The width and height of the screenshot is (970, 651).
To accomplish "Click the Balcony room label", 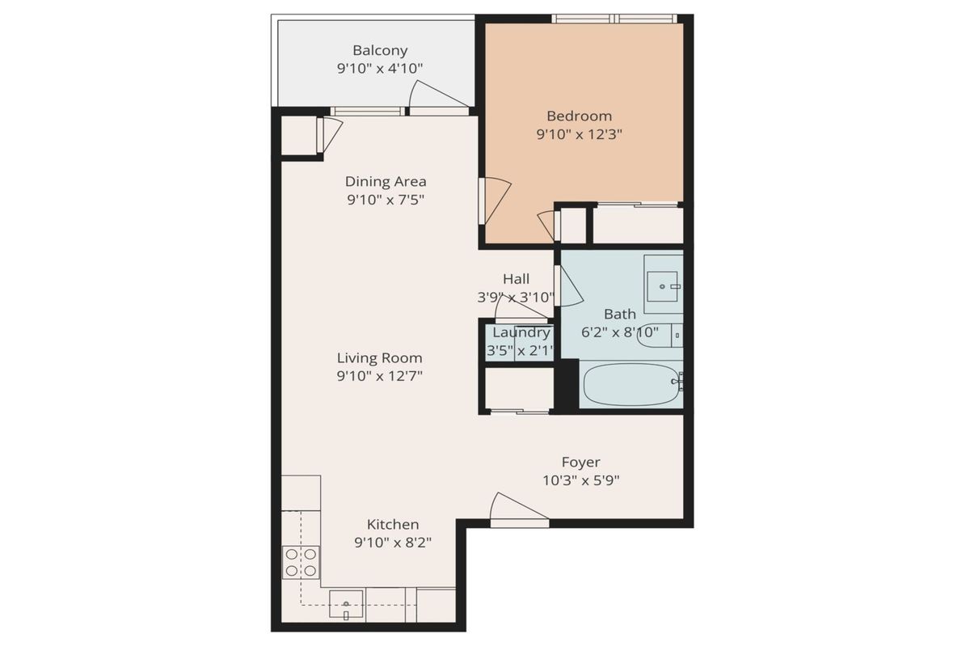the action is click(x=380, y=51).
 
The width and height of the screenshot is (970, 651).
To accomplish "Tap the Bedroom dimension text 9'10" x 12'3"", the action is click(x=579, y=135).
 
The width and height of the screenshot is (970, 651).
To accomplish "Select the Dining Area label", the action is click(x=386, y=181).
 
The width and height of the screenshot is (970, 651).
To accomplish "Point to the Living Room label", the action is click(x=379, y=358).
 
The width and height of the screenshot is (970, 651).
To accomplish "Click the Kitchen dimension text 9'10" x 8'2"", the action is click(x=393, y=543).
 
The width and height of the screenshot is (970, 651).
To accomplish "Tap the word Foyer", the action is click(x=580, y=463).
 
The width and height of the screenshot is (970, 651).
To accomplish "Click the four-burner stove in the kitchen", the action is click(x=301, y=562).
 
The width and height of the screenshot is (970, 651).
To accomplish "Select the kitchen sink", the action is click(x=346, y=604).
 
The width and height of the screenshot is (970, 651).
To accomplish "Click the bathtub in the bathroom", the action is click(x=632, y=385).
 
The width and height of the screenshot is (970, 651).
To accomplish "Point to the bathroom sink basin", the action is click(x=662, y=286).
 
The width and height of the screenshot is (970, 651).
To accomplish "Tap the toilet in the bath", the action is click(x=660, y=336).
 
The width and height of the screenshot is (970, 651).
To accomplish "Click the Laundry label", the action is click(x=521, y=332).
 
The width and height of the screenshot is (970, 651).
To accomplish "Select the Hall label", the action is click(x=516, y=279).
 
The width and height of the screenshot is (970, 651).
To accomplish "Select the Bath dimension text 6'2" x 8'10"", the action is click(x=620, y=332).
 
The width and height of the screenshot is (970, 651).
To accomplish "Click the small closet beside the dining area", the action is click(x=299, y=135).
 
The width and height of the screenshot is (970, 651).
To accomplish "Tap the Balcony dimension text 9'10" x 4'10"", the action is click(x=380, y=69).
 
